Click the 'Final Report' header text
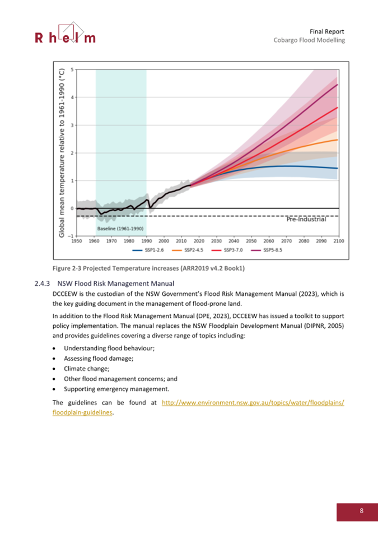point(326,31)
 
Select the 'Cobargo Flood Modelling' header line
point(309,40)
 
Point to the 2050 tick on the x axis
point(251,241)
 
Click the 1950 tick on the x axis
point(77,241)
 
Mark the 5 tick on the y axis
point(72,69)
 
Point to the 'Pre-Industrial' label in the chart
point(306,220)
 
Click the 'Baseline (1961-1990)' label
point(120,229)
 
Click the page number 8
point(361,510)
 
